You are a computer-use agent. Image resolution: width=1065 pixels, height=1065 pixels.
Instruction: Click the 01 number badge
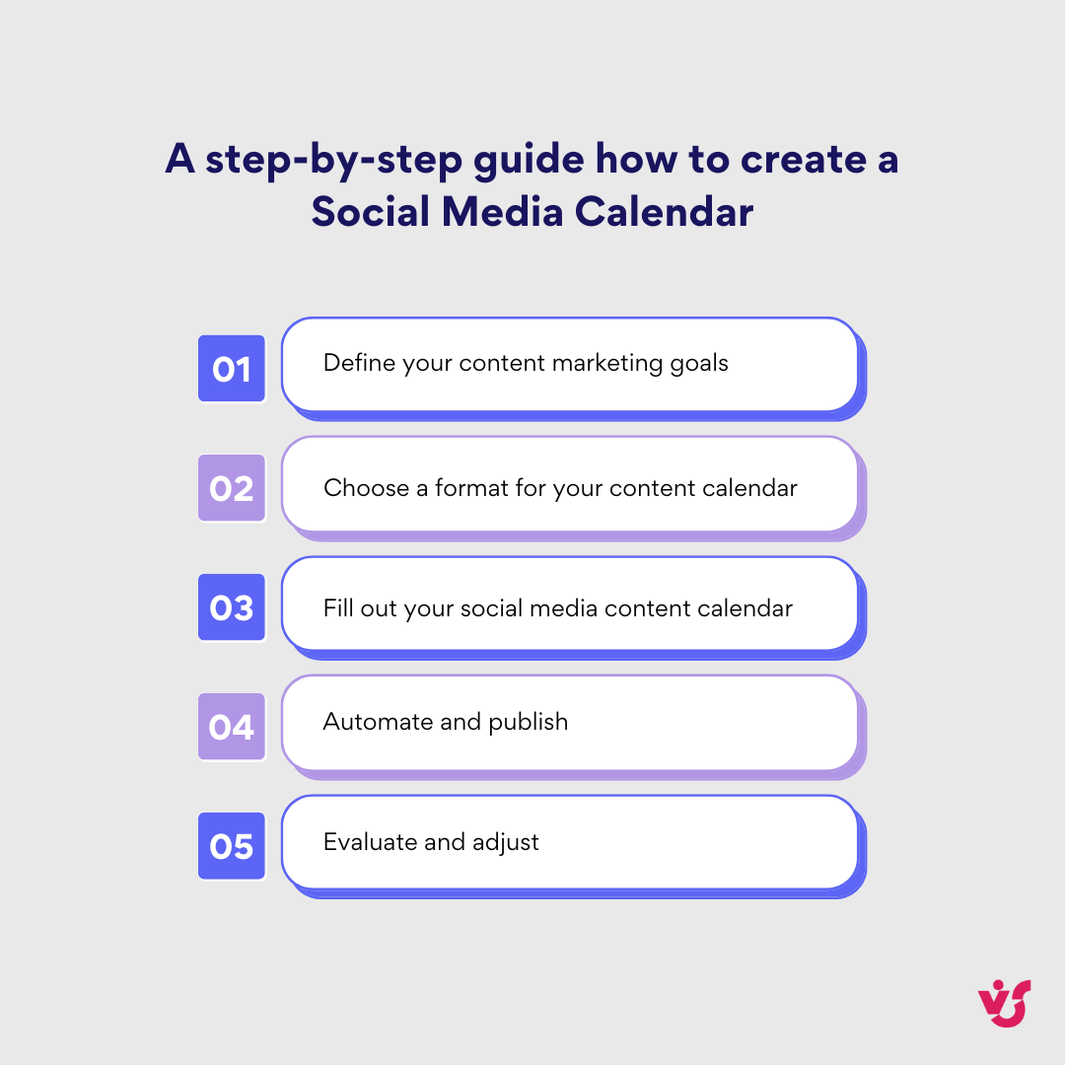[232, 369]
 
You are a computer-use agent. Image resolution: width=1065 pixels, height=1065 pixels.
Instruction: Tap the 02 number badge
[232, 488]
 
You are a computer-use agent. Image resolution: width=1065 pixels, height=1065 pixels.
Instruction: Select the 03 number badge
[232, 607]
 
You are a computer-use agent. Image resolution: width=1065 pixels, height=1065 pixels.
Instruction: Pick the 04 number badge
[232, 727]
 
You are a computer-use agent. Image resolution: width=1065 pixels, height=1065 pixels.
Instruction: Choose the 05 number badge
[232, 846]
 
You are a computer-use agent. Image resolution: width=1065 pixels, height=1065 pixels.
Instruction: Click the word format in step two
[469, 487]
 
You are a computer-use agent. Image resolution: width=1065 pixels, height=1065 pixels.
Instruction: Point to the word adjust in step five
[507, 843]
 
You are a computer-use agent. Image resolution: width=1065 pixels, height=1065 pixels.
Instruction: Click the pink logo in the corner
[1004, 1003]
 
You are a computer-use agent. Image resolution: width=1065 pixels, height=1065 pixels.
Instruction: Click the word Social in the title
[366, 212]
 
